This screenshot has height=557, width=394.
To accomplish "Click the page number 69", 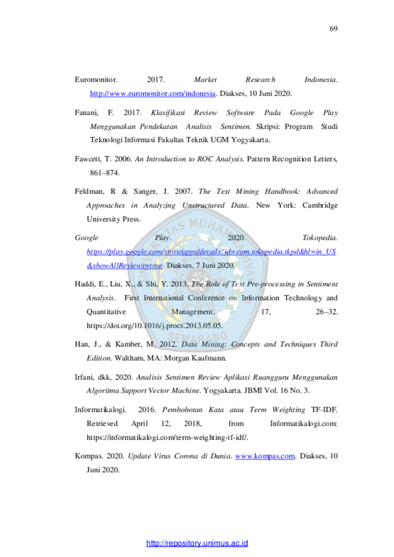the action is coord(333,28).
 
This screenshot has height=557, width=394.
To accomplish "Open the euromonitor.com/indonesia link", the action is coord(153,93).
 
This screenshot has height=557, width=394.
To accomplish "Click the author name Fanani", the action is coord(86,113).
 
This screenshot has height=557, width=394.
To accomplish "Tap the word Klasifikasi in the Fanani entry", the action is coord(168,113).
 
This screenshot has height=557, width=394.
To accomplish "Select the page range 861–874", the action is coord(104,173).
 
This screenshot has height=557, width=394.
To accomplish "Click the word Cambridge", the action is coord(320,205).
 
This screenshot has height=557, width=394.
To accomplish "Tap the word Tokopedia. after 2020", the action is coord(320,238).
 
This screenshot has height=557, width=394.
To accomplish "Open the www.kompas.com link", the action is coord(265,456).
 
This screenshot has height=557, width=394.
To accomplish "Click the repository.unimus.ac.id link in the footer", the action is coord(197,543).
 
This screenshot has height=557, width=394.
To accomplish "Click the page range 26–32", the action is coord(327,312).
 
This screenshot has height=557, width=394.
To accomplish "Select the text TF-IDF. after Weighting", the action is coord(324,410).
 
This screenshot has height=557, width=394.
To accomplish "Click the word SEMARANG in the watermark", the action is coord(198,336).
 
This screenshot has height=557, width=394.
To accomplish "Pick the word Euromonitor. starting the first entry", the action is coord(96,79).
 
